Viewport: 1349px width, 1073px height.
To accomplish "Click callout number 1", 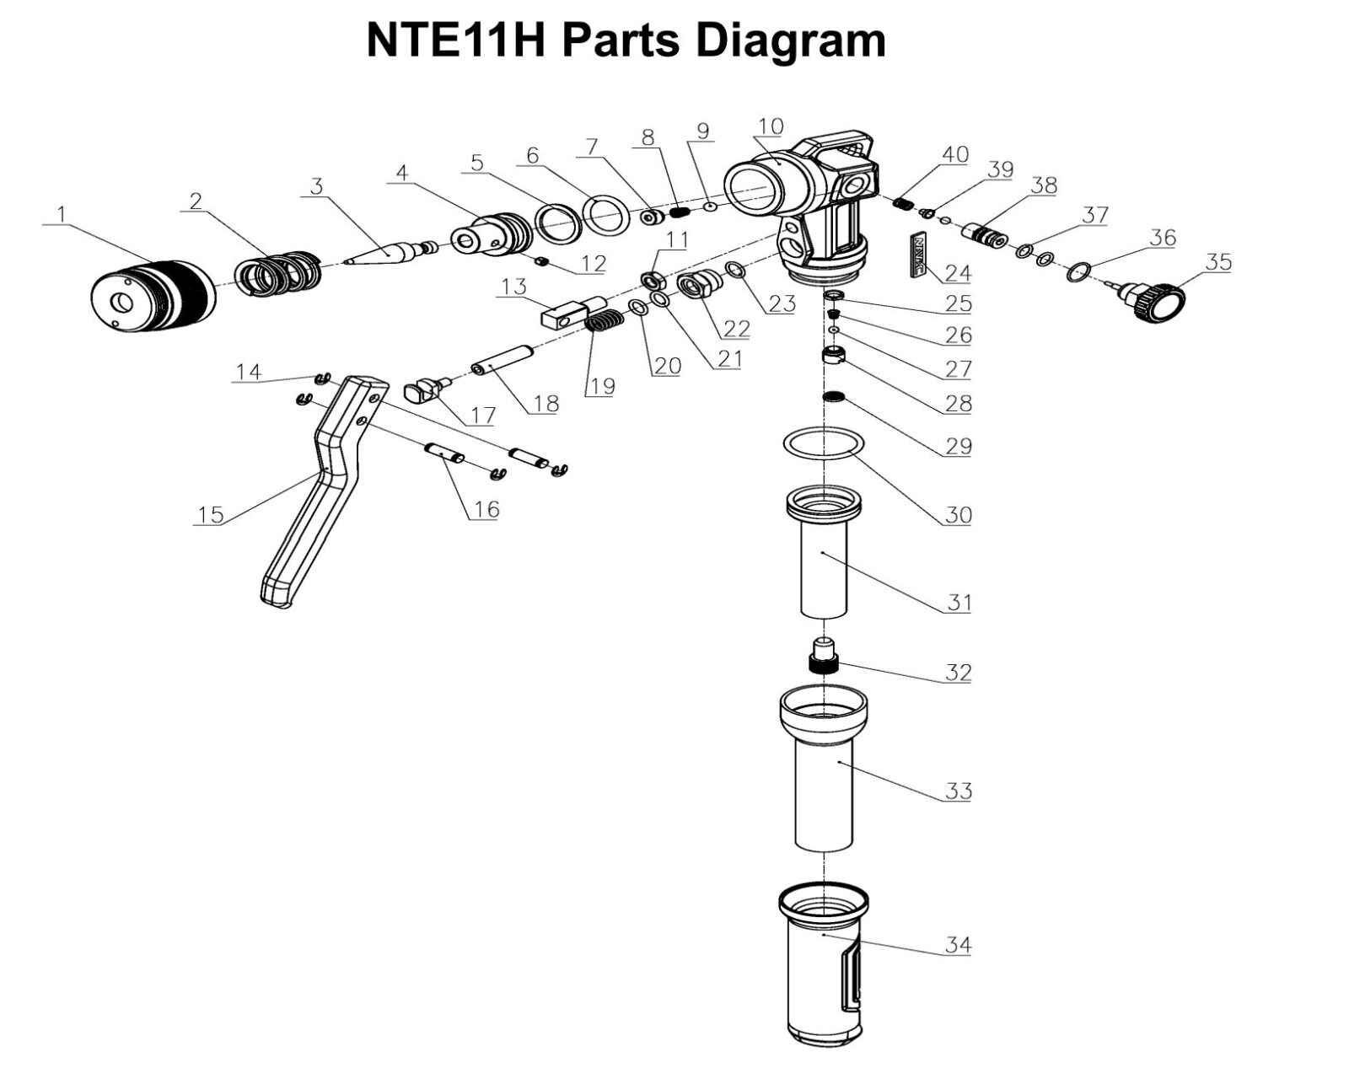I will coord(60,215).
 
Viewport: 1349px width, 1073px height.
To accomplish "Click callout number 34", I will coord(957,945).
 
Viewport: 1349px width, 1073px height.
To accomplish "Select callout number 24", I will coord(957,273).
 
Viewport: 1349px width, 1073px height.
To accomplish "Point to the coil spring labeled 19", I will coord(604,321).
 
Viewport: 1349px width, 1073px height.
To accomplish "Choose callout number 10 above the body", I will coord(770,127).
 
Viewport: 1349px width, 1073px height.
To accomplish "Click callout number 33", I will coord(958,791).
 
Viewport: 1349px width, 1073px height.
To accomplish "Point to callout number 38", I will coord(1043,185).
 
